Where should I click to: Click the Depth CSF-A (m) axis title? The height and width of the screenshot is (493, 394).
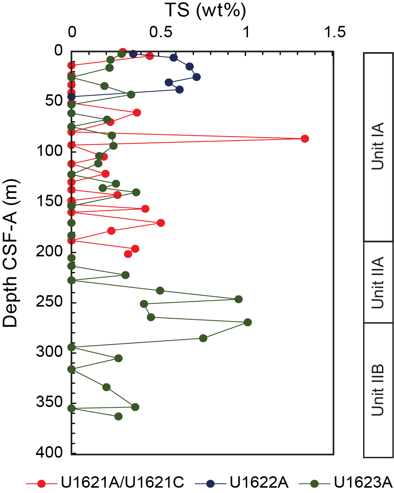click(x=10, y=253)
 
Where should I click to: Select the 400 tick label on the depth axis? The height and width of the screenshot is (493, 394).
click(x=49, y=452)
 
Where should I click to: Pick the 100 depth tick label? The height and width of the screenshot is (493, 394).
click(x=49, y=151)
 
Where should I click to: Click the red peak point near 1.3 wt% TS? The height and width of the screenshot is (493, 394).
click(x=304, y=138)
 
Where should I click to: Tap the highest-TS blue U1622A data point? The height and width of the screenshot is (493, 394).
click(x=196, y=77)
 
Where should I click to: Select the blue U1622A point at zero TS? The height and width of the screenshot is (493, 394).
click(x=71, y=97)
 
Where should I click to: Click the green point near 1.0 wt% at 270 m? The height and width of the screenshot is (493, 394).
click(x=248, y=323)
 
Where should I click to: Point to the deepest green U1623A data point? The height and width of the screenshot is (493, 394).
click(x=119, y=417)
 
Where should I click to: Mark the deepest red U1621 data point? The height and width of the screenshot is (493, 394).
click(x=128, y=254)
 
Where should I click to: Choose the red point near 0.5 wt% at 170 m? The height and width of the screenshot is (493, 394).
click(x=161, y=223)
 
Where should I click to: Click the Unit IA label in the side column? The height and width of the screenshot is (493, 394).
click(x=378, y=146)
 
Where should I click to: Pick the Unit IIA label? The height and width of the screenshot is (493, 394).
click(x=378, y=282)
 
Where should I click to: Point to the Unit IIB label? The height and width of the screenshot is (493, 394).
click(x=378, y=390)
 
